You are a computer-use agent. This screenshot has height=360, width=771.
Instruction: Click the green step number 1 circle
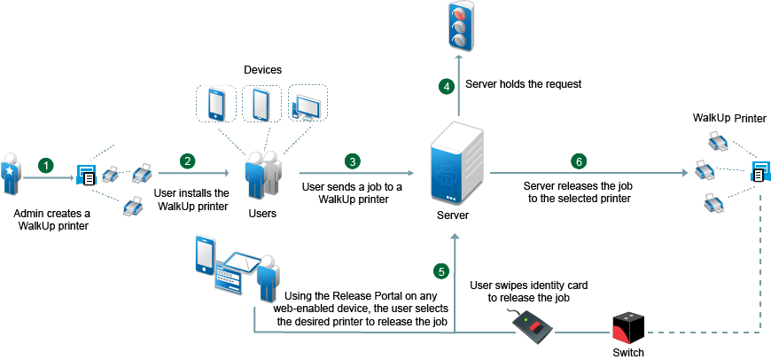tap(47, 165)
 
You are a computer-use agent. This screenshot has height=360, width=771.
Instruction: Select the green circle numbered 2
tap(187, 160)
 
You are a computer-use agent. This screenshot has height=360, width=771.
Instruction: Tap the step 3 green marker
tap(353, 161)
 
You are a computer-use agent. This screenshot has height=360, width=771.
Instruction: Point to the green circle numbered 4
tap(447, 86)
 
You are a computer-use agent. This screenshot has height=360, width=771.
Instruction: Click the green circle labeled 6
tap(579, 161)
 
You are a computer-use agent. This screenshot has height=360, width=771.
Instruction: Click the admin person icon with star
tap(12, 168)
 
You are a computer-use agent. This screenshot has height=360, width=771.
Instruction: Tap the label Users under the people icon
tap(263, 213)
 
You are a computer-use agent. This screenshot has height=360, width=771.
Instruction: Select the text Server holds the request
tap(523, 85)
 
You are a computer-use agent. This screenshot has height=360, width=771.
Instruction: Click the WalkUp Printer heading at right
tap(729, 118)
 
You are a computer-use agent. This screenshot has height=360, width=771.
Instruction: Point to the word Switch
tap(630, 352)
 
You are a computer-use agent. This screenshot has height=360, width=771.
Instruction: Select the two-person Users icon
tap(263, 176)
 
